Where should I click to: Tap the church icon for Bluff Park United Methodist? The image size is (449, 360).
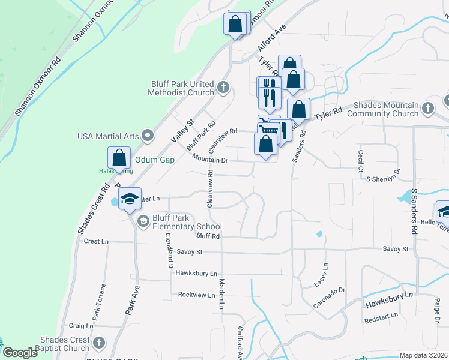[223, 88]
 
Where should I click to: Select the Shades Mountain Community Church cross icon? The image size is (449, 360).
[427, 109]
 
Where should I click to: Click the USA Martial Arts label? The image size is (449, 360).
[107, 136]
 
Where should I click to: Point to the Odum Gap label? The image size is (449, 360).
[154, 160]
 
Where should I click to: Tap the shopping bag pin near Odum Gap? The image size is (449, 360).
[119, 158]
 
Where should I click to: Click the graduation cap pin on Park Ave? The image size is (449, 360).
[130, 199]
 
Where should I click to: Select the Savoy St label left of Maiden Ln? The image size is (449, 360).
[190, 252]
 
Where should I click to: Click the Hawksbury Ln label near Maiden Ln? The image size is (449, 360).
[197, 274]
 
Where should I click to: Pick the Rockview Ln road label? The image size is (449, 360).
[196, 295]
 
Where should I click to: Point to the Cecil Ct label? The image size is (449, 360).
[361, 161]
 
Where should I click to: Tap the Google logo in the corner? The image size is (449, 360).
[20, 353]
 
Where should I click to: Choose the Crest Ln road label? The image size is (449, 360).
[96, 241]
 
